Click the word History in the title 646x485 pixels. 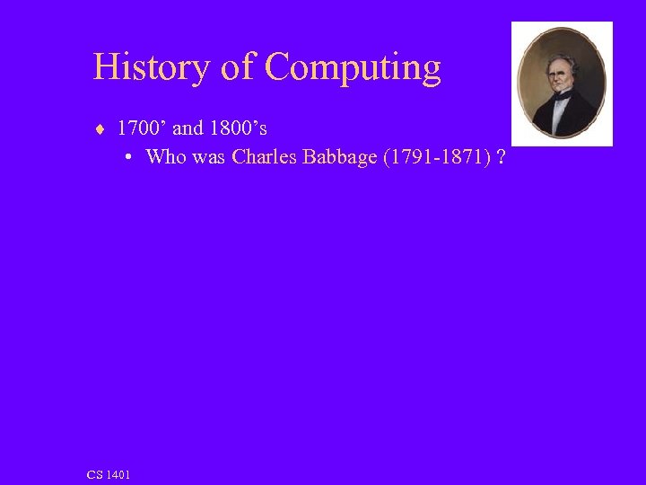click(151, 67)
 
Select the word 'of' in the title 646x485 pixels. click(238, 67)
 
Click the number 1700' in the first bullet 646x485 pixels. click(141, 128)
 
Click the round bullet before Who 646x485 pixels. click(129, 157)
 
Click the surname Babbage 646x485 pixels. click(337, 158)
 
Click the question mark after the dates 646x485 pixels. click(499, 157)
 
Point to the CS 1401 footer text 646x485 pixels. click(109, 474)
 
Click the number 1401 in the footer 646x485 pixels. click(118, 474)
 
